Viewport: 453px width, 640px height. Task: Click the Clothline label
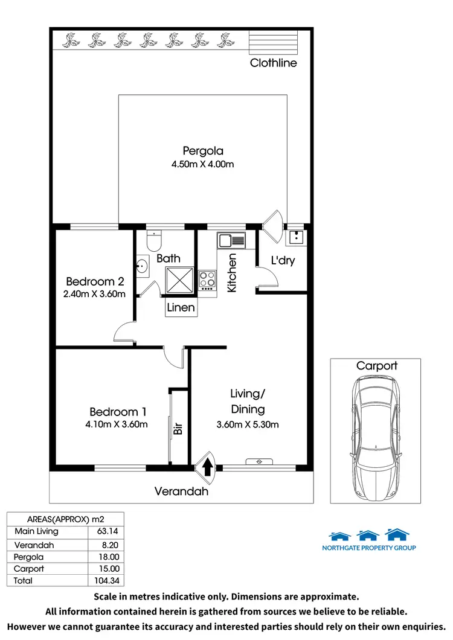point(274,63)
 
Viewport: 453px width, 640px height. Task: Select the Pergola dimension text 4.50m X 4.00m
point(204,164)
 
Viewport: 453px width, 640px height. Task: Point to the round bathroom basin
point(143,266)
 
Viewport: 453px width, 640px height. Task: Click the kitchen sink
point(231,241)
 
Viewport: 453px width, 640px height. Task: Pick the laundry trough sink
point(296,237)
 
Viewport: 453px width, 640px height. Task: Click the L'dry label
point(282,261)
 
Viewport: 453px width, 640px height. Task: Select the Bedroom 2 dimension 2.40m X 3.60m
point(95,294)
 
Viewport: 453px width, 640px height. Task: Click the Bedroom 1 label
point(118,412)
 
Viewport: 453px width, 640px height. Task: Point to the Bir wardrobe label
point(178,427)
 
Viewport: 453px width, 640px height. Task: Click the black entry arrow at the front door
point(207,466)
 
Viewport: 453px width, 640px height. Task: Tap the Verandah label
point(181,491)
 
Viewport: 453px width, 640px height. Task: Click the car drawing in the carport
point(376,435)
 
